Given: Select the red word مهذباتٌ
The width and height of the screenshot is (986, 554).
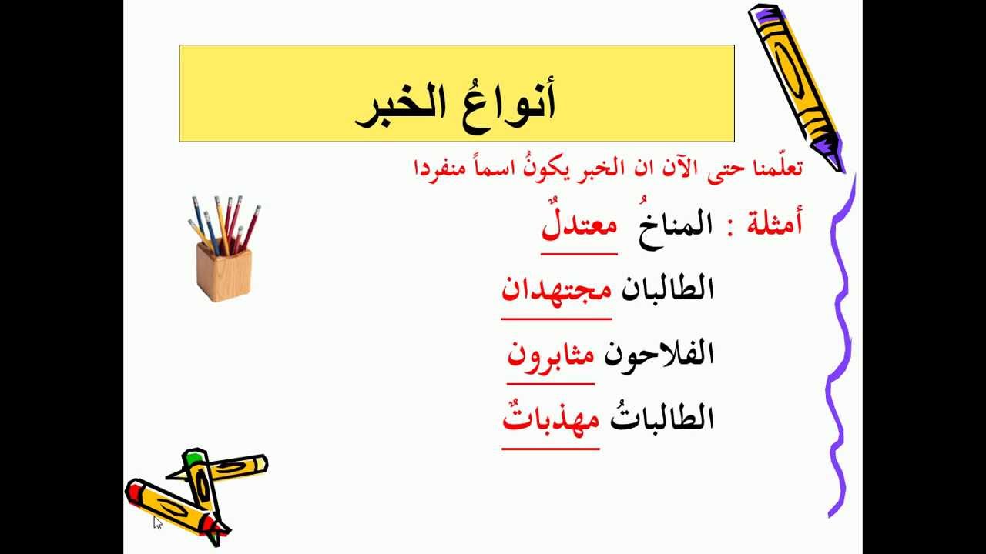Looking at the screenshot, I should [x=551, y=419].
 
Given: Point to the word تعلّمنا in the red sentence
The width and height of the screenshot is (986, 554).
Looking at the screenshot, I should [x=774, y=167].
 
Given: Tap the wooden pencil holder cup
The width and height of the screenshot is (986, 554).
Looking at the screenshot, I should [x=223, y=269].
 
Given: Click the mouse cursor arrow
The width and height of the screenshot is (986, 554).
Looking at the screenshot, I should [x=157, y=522].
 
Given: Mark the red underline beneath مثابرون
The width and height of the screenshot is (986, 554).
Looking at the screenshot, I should [x=550, y=383].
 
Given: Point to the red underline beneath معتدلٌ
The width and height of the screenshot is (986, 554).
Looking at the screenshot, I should [x=579, y=253].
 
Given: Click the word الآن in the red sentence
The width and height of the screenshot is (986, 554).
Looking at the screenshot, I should [x=666, y=167].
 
